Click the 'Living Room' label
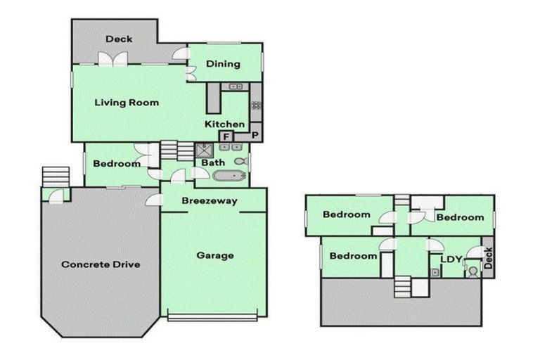[x=127, y=103]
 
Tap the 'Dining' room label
[x=223, y=64]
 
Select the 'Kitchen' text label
[x=224, y=124]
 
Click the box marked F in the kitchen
[x=227, y=136]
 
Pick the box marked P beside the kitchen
[x=255, y=136]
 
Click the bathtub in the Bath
[x=228, y=176]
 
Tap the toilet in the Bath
[x=240, y=162]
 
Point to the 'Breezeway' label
[x=209, y=201]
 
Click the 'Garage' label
[x=215, y=255]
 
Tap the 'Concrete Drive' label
[x=101, y=265]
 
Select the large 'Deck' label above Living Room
[x=119, y=39]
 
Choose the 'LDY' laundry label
[x=451, y=259]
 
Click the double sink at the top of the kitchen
[x=235, y=86]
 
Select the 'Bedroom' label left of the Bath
[x=117, y=164]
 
